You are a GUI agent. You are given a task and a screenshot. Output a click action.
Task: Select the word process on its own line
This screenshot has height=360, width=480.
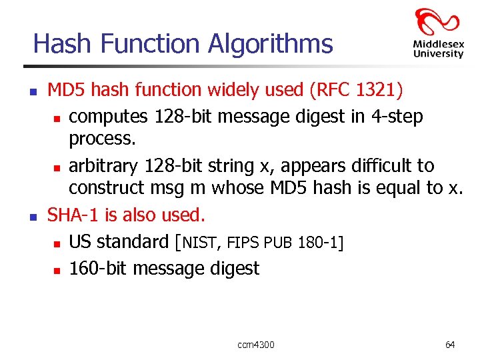click(99, 139)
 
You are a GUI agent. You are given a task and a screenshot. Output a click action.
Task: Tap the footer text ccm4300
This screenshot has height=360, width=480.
click(255, 345)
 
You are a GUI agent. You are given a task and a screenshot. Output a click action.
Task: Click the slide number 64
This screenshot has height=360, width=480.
click(450, 345)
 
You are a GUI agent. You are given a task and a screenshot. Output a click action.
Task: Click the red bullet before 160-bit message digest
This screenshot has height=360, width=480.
click(57, 270)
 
